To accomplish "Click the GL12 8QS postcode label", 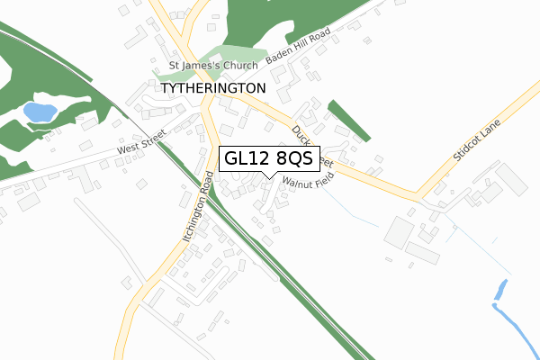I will [267, 158].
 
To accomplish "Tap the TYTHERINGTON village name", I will [214, 89].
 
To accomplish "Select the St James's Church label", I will [213, 66].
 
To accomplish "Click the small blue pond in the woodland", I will [39, 112].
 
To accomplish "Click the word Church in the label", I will [238, 66].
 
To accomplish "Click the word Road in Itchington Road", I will [210, 189].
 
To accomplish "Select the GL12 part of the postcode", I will [245, 158].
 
